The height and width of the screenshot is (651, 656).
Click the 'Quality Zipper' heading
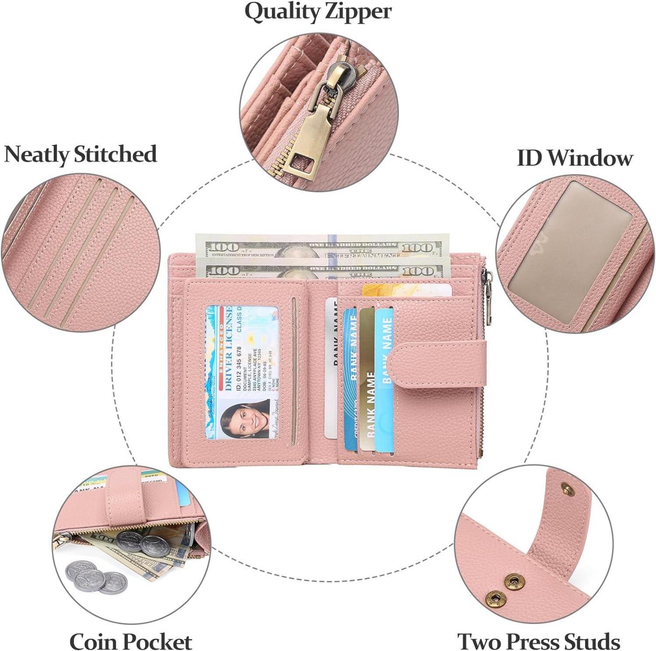[x=318, y=12]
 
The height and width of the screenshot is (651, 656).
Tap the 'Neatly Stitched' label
[x=80, y=155]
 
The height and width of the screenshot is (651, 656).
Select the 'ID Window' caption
[x=574, y=158]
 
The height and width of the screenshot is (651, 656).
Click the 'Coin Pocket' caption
[x=131, y=641]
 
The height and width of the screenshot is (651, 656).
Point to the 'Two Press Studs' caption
[x=539, y=641]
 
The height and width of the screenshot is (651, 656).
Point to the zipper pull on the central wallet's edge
[x=488, y=295]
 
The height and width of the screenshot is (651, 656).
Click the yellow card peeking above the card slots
[x=406, y=289]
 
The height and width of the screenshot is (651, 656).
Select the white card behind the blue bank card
[x=331, y=369]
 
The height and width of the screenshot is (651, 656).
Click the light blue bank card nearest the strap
[x=384, y=382]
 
